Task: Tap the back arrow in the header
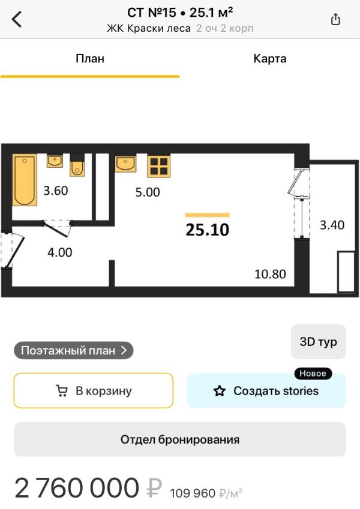pos(17,19)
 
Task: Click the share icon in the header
pos(335,19)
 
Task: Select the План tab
pos(90,59)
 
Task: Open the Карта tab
pos(269,59)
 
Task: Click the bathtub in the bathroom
pos(25,180)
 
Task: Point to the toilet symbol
pos(77,165)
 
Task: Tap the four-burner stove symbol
pos(159,166)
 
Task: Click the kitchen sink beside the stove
pos(125,163)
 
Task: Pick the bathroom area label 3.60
pos(56,191)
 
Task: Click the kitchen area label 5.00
pos(148,192)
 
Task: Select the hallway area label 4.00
pos(60,252)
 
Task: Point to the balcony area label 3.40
pos(332,225)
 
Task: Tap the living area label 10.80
pos(271,275)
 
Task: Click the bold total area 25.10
pos(207,230)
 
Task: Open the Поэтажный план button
pos(74,351)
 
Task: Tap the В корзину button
pos(93,390)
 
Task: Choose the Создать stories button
pos(266,390)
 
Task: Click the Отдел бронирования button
pos(180,439)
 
